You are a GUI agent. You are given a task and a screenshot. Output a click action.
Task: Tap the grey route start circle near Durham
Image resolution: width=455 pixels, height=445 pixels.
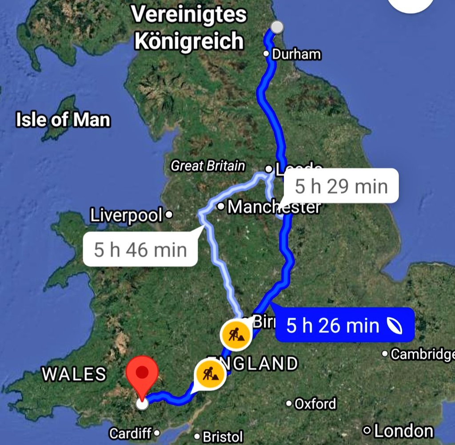[277, 27]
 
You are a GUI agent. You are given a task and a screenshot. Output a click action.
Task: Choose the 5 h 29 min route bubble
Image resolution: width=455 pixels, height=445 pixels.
[341, 186]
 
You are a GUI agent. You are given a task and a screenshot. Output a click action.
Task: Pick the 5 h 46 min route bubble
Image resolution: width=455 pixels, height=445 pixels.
[140, 250]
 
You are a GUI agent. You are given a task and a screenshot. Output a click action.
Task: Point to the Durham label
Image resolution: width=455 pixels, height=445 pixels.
[296, 55]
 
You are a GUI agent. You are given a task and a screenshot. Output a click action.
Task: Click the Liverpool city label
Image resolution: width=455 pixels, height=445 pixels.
[126, 215]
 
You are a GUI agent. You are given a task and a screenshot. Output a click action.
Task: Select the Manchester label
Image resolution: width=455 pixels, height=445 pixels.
[273, 207]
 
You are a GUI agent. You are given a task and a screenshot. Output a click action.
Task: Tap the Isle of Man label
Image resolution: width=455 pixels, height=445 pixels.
[63, 120]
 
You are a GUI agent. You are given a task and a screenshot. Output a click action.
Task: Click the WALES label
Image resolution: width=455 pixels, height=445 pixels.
[74, 374]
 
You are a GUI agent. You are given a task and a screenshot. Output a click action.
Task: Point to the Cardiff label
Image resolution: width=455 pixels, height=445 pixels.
[131, 433]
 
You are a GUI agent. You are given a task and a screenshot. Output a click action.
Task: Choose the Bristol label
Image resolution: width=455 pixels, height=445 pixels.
[223, 436]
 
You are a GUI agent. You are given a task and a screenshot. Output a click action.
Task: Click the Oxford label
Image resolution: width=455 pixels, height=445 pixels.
[315, 404]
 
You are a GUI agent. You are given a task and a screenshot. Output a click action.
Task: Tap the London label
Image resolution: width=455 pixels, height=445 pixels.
[403, 431]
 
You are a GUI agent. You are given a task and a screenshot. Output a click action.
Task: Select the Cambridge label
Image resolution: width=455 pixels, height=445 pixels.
[422, 354]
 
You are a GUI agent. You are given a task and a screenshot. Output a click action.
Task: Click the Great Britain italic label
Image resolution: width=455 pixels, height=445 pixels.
[208, 166]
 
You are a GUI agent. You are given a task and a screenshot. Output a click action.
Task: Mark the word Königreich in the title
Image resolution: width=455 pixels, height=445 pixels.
[189, 42]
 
